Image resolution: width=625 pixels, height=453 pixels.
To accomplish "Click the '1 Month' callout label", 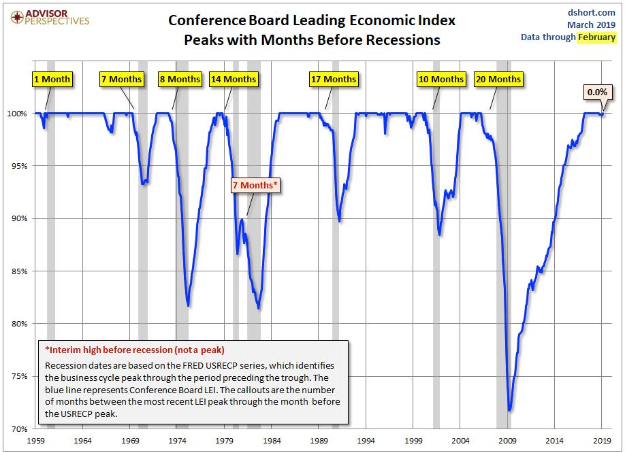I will point(52,79).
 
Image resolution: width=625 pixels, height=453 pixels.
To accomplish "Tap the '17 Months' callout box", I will point(333,79).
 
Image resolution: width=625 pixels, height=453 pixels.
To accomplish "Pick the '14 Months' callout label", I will point(233,79).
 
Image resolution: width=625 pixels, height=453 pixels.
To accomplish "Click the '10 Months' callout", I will point(440,79).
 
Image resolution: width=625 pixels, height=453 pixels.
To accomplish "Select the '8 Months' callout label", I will point(179,79).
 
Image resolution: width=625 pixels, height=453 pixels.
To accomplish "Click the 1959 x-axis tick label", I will point(36,441).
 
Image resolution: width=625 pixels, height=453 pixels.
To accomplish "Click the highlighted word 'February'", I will point(596,37).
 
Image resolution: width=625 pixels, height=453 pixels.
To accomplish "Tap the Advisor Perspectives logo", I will point(47,16).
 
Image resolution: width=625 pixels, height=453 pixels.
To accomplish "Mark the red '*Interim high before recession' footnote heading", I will point(135,350).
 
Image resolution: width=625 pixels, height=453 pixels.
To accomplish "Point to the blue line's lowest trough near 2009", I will point(509,410).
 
